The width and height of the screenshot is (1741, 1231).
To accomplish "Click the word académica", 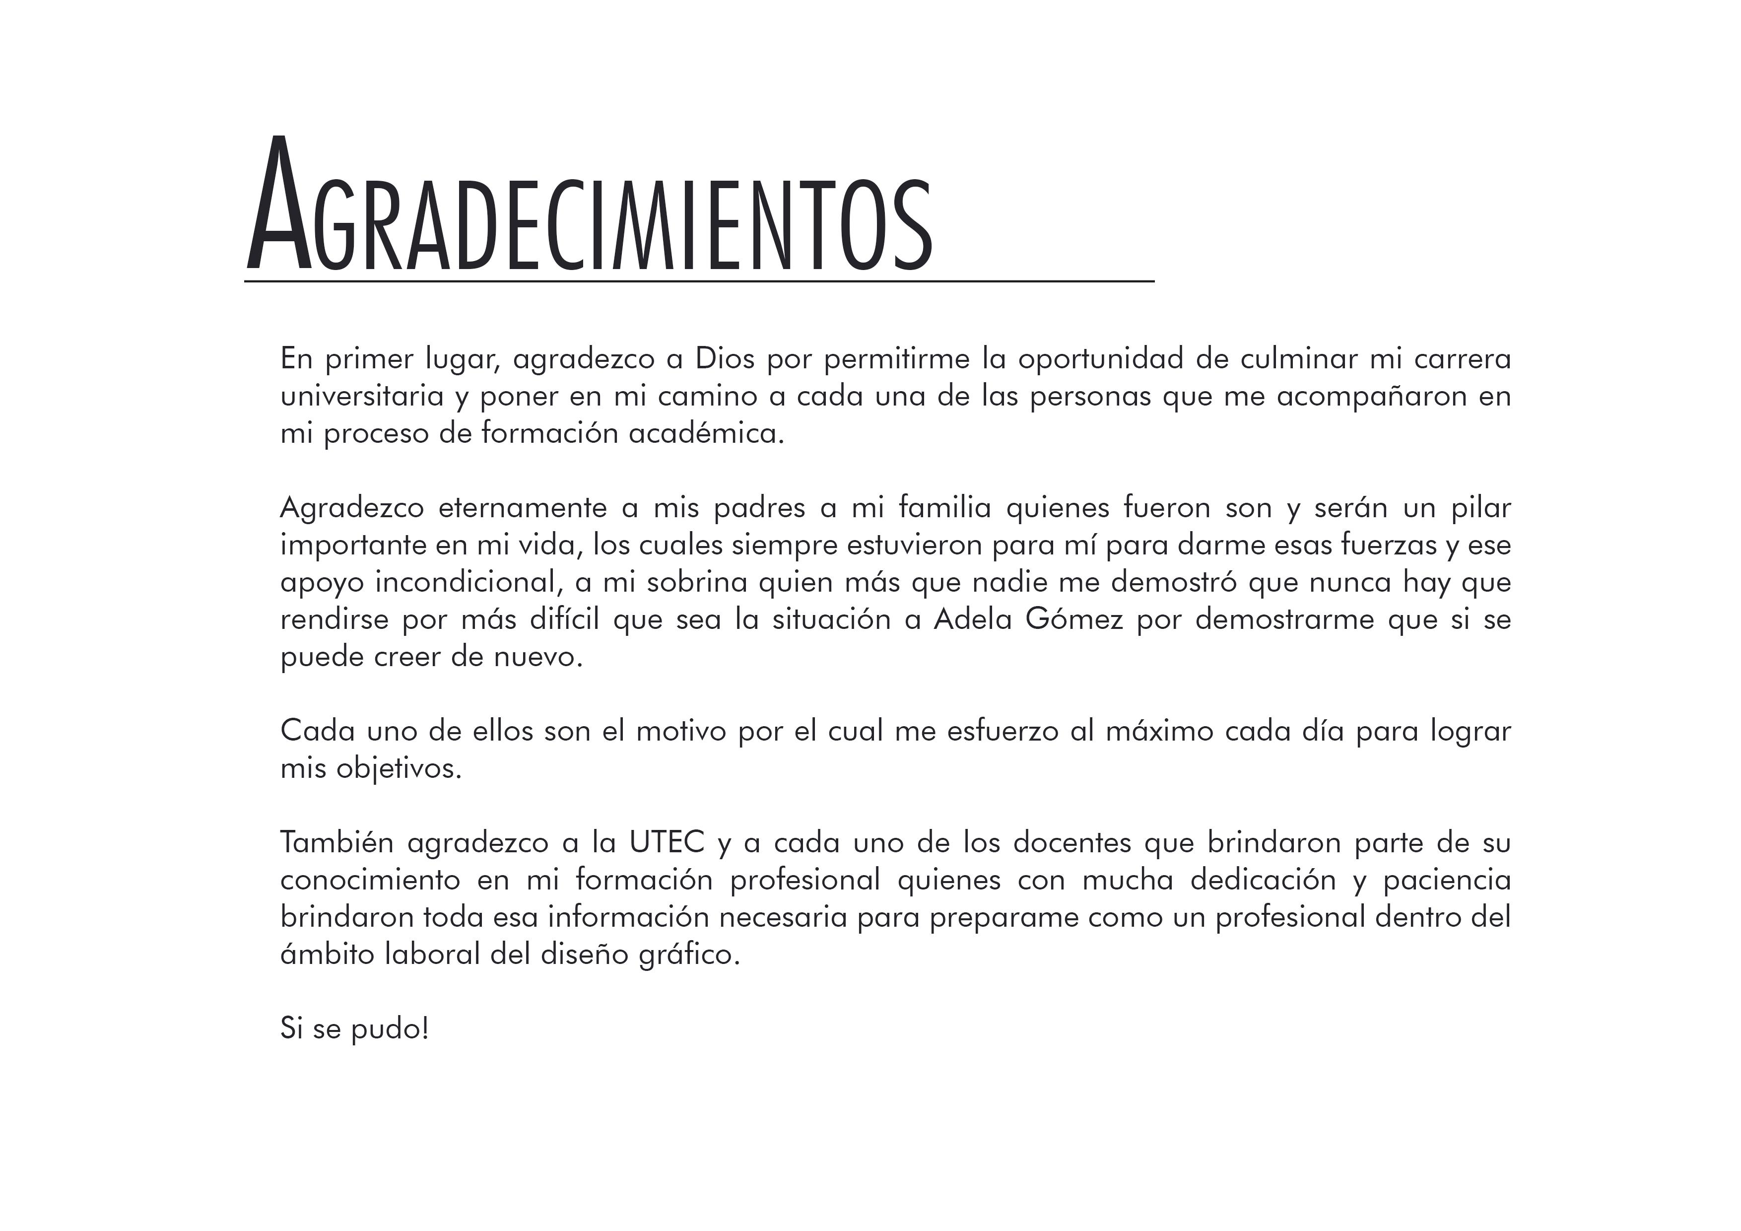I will [705, 433].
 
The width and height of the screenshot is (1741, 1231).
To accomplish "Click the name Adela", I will [972, 619].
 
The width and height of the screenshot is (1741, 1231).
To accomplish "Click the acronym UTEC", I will [667, 842].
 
